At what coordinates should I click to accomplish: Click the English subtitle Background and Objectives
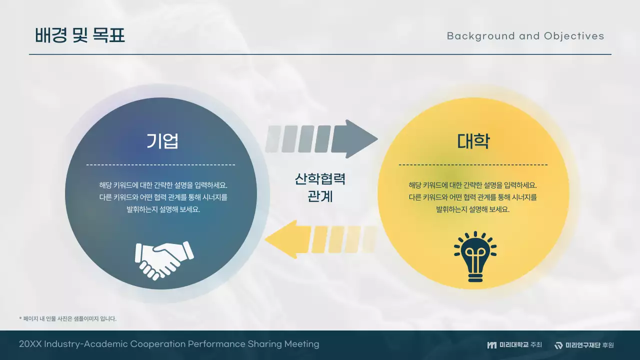525,36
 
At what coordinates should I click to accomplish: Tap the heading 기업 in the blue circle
162,141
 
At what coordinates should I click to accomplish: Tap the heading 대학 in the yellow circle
473,141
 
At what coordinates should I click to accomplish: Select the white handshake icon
164,259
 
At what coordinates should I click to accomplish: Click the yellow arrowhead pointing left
282,239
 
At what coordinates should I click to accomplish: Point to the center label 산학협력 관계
320,187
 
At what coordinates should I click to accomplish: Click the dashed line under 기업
160,164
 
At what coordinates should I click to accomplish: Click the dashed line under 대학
473,164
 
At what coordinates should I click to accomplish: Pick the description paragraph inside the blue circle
163,197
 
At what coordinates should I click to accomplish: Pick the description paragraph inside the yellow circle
473,197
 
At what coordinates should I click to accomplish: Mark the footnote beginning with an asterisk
67,318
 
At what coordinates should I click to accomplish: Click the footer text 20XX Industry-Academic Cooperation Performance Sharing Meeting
169,344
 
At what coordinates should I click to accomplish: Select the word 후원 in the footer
608,345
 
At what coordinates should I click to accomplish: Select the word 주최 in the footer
536,345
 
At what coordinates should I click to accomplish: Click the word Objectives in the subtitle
574,36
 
